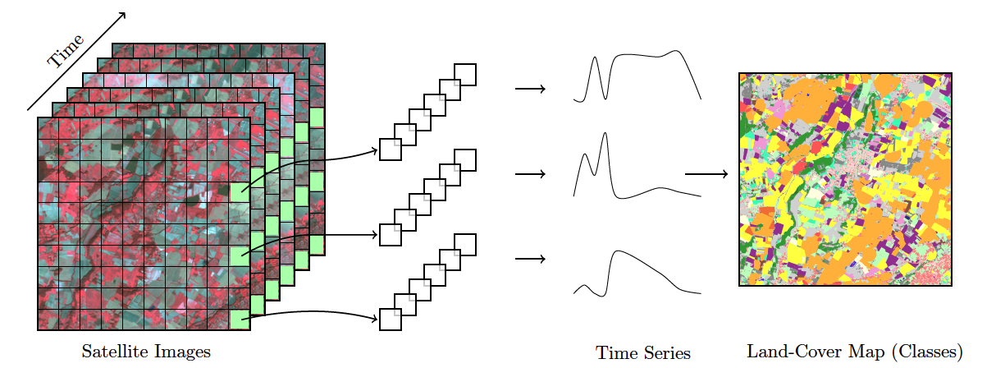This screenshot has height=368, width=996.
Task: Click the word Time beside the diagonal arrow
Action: (x=66, y=51)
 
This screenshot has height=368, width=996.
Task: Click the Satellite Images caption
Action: (x=146, y=352)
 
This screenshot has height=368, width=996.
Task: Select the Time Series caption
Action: (x=643, y=353)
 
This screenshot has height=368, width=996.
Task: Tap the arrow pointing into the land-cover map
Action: (x=706, y=174)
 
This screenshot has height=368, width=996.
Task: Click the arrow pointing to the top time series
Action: (x=530, y=88)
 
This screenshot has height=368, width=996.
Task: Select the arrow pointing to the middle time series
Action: (x=530, y=174)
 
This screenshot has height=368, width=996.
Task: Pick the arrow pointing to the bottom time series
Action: (x=530, y=260)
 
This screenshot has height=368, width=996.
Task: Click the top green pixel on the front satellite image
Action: (x=239, y=191)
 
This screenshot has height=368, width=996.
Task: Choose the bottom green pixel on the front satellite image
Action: (x=239, y=319)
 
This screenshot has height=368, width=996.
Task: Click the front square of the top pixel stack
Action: (x=390, y=149)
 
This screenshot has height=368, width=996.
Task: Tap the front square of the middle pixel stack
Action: (x=390, y=234)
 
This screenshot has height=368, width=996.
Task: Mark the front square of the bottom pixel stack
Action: (x=390, y=320)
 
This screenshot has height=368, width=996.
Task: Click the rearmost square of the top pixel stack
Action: (x=465, y=74)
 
